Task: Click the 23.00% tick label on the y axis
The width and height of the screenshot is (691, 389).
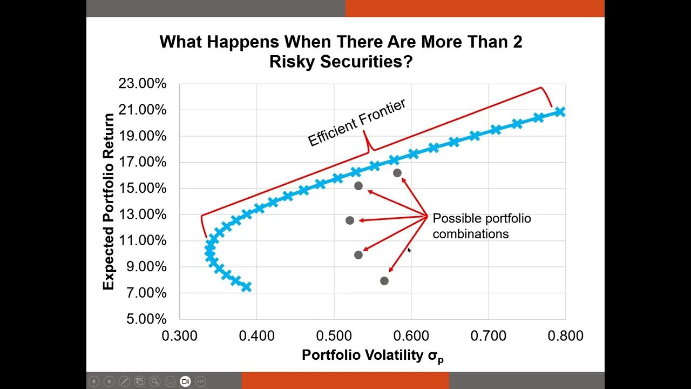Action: (x=143, y=84)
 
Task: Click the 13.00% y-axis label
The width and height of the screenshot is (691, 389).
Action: (x=143, y=215)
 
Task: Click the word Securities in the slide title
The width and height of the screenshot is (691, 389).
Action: (x=360, y=62)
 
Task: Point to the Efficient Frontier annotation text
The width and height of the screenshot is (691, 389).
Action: (x=356, y=123)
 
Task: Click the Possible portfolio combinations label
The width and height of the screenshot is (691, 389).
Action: (x=482, y=226)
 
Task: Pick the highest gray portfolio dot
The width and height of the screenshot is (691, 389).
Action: (x=397, y=173)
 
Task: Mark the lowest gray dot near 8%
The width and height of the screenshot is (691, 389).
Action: (x=384, y=281)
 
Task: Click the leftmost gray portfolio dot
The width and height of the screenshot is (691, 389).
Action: (x=350, y=220)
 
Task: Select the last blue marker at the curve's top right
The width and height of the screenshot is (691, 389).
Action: (x=560, y=112)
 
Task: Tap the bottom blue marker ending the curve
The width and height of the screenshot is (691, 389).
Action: (x=247, y=287)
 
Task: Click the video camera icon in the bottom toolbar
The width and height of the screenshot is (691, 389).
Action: (x=185, y=381)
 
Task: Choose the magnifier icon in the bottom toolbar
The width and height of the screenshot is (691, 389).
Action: (x=155, y=381)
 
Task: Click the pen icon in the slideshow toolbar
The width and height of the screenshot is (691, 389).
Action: (x=124, y=381)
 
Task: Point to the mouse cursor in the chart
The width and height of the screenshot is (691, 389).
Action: (x=409, y=250)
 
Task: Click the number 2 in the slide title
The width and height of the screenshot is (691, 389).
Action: (x=517, y=42)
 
